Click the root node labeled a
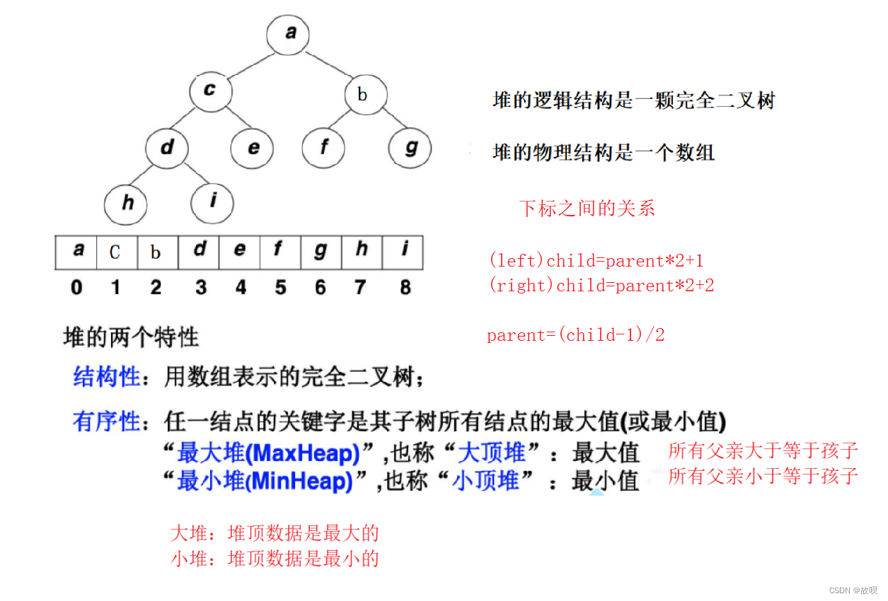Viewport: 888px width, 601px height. (x=289, y=33)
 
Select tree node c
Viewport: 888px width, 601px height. (x=210, y=92)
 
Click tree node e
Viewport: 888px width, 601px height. (x=253, y=148)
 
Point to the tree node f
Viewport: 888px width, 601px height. (x=323, y=148)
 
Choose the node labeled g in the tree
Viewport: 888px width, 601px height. (x=410, y=148)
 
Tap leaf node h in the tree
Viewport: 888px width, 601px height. (x=126, y=204)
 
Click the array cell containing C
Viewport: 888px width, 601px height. (x=115, y=252)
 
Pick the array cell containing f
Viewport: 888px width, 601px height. (x=279, y=251)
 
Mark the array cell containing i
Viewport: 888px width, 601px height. (x=403, y=251)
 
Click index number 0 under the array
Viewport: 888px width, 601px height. (x=76, y=287)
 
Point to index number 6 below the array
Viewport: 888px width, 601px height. (x=321, y=287)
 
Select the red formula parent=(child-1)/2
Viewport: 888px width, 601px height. (x=575, y=335)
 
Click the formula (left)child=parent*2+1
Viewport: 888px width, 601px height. (x=596, y=261)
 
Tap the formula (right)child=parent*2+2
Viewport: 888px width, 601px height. (x=601, y=286)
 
